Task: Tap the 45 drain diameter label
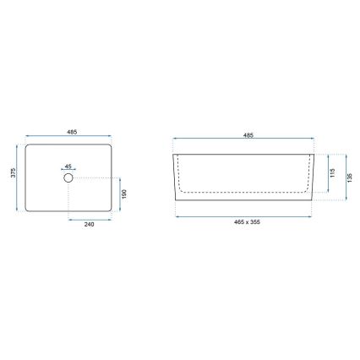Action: pos(69,166)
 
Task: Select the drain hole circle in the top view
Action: pos(69,178)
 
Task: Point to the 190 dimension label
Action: pos(125,194)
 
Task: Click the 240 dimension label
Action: pos(90,225)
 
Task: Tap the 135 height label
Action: pos(349,177)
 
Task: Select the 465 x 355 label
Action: pos(248,221)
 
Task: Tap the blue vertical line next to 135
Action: pos(344,177)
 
